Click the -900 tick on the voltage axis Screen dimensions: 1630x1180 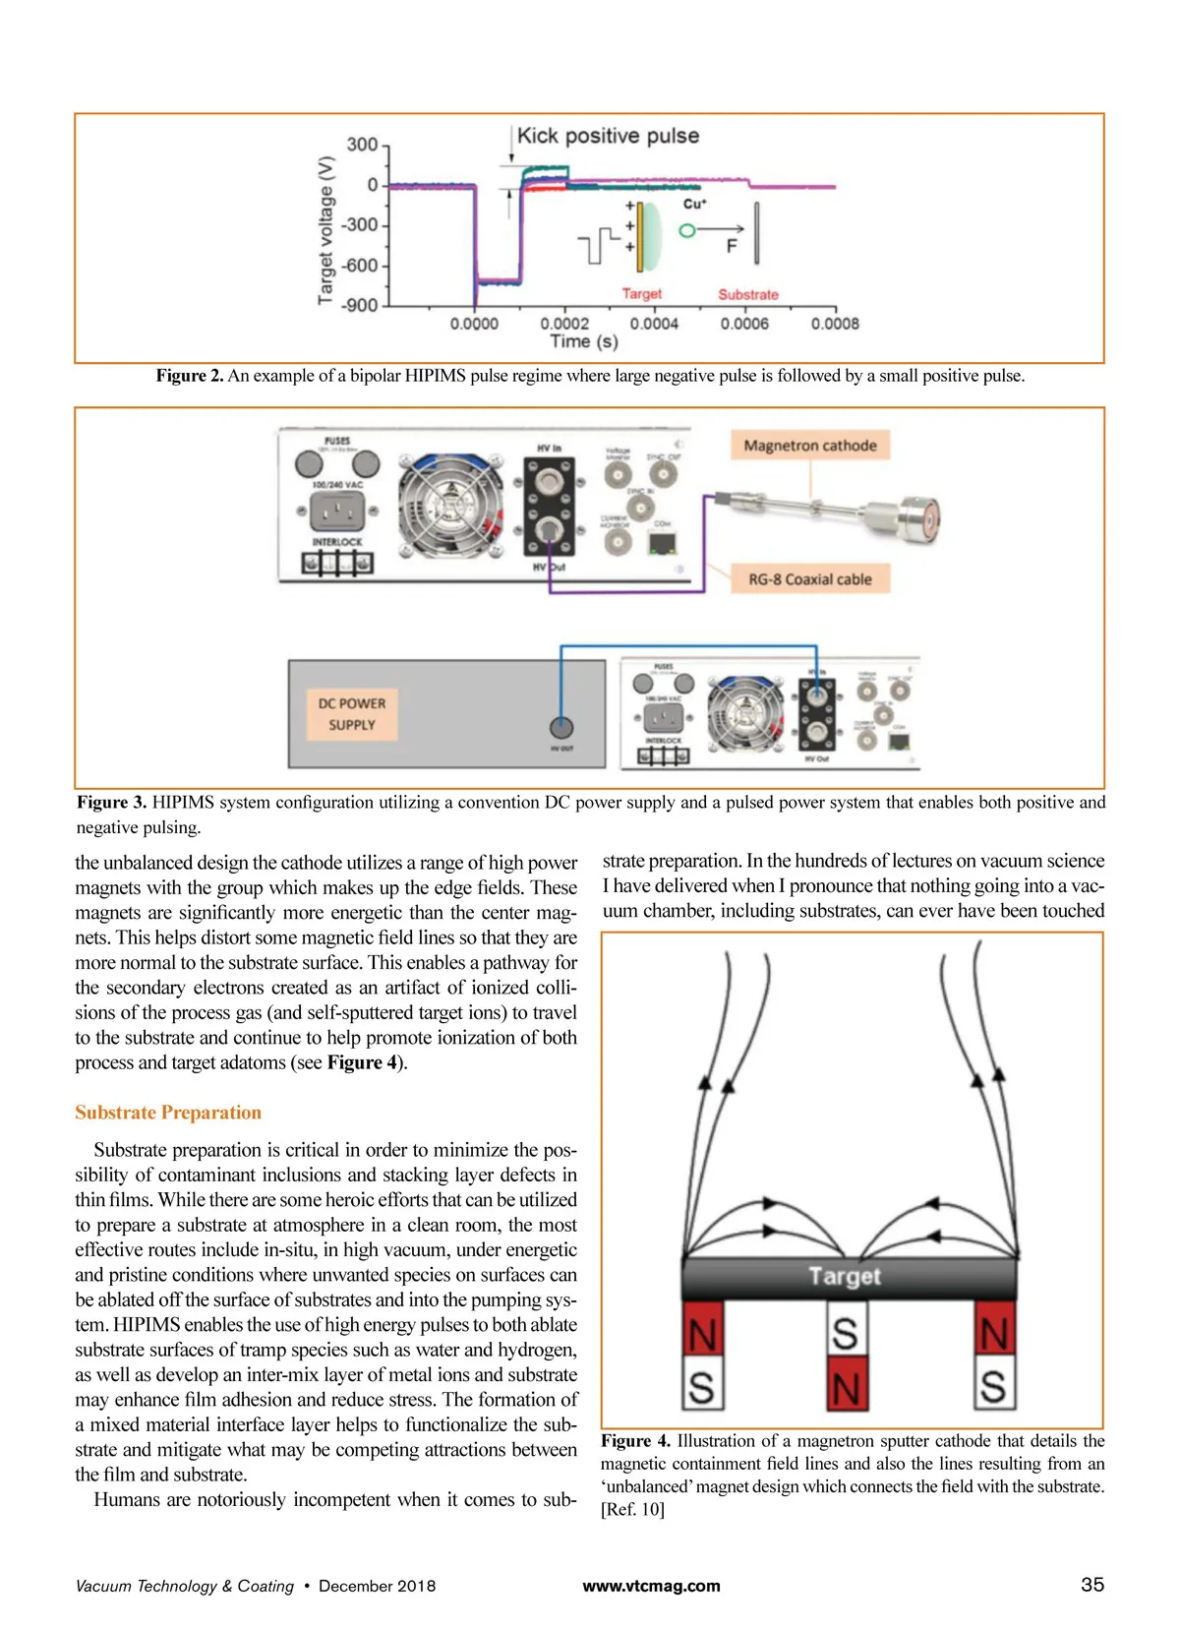[361, 305]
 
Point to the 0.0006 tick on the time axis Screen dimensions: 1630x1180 [744, 323]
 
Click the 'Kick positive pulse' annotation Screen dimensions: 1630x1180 [608, 136]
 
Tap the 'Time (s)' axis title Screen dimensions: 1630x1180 [584, 341]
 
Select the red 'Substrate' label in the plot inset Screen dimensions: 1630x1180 [747, 294]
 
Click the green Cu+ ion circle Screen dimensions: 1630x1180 [687, 230]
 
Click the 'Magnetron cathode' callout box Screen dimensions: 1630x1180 [809, 445]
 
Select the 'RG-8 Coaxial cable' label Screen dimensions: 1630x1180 [809, 579]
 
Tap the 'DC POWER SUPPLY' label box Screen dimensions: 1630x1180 [351, 714]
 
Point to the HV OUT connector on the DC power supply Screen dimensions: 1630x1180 [560, 728]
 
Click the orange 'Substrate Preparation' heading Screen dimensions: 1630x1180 [168, 1113]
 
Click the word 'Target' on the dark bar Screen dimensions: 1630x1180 [845, 1276]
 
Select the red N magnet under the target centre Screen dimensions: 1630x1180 [846, 1387]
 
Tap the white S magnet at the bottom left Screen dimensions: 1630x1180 [702, 1387]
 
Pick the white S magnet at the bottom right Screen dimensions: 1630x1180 [993, 1387]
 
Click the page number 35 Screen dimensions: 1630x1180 [1091, 1585]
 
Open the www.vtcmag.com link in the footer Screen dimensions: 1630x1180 [651, 1586]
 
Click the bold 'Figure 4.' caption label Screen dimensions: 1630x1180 [635, 1441]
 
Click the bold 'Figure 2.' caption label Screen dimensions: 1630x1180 [190, 376]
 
